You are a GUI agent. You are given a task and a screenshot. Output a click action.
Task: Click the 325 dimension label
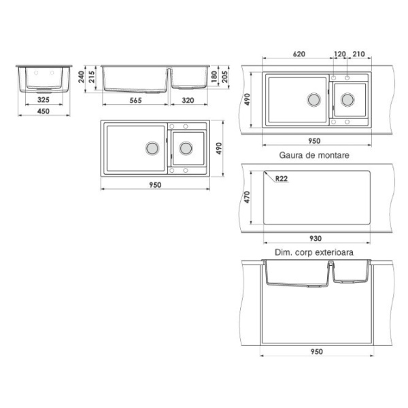coord(44,99)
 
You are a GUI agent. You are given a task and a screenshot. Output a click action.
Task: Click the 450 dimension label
coord(44,111)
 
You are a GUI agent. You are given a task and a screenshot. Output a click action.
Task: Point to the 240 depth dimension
coord(81,77)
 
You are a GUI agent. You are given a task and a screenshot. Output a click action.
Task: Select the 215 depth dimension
coord(92,77)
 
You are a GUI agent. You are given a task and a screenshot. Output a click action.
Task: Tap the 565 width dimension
coord(135,100)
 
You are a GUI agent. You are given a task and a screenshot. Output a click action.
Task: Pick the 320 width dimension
coord(188,100)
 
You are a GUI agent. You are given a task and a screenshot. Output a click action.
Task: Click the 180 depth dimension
coord(214,77)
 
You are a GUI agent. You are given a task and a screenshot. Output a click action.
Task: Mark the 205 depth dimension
coord(224,77)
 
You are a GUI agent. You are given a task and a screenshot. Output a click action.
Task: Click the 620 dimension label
coord(299,54)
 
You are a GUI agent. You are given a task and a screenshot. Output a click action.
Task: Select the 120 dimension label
coord(340,54)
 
